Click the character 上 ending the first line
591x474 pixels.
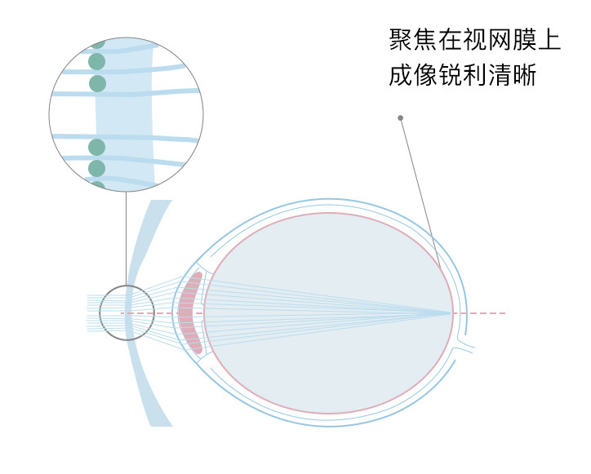(x=549, y=41)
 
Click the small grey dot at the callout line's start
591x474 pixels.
(x=400, y=118)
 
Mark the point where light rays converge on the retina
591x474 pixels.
(x=451, y=313)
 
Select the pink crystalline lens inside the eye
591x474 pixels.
(x=190, y=313)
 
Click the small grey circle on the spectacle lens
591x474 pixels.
(x=126, y=312)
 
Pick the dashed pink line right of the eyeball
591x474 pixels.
(x=486, y=313)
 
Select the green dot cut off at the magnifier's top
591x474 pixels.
(x=97, y=42)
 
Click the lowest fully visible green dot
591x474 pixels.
(x=97, y=168)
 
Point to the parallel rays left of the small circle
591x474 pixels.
(x=92, y=313)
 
